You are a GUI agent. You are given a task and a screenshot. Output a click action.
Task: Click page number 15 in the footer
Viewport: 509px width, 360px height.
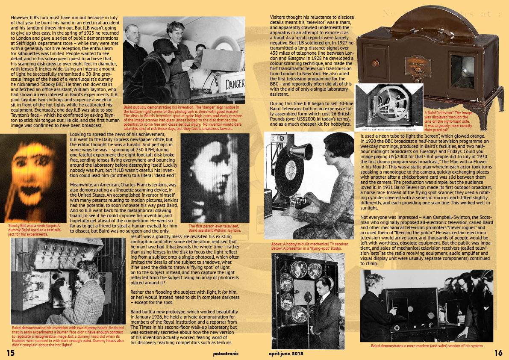tap(10, 353)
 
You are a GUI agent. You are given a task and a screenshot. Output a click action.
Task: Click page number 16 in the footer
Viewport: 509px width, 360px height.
tap(498, 353)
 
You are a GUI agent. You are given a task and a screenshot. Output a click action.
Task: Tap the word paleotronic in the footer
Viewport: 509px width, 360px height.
tap(226, 353)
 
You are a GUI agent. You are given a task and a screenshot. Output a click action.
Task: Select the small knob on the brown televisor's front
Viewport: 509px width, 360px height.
tap(375, 63)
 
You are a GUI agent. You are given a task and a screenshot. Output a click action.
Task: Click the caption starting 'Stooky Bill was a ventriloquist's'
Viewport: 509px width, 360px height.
tap(34, 230)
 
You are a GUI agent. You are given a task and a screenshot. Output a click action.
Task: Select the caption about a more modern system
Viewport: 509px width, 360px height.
tap(427, 345)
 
